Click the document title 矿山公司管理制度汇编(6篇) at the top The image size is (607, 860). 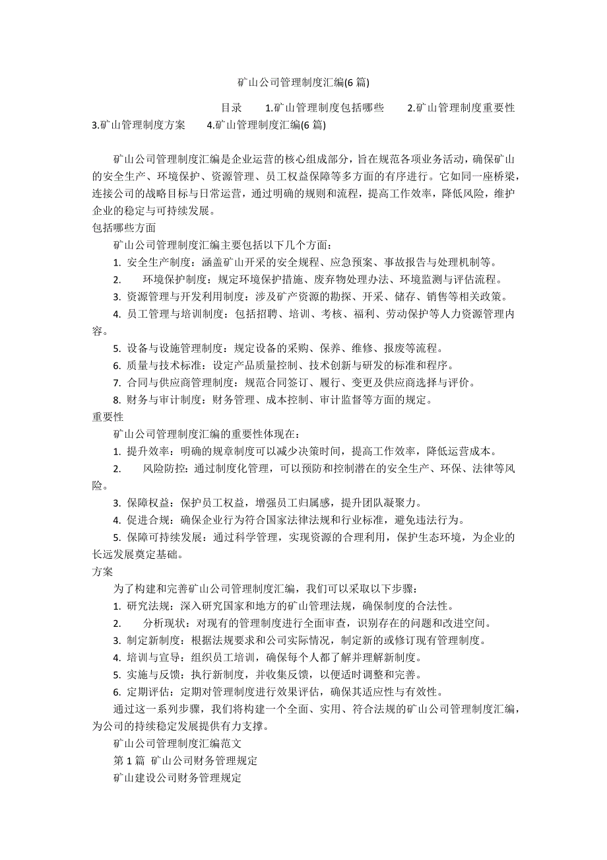[303, 83]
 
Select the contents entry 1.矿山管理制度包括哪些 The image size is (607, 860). [324, 108]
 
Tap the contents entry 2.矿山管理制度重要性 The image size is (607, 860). [461, 108]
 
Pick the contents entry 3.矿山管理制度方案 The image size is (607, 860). [139, 125]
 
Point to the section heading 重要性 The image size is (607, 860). [108, 417]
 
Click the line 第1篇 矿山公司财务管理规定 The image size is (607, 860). [185, 760]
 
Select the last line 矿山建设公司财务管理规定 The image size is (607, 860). [177, 777]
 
